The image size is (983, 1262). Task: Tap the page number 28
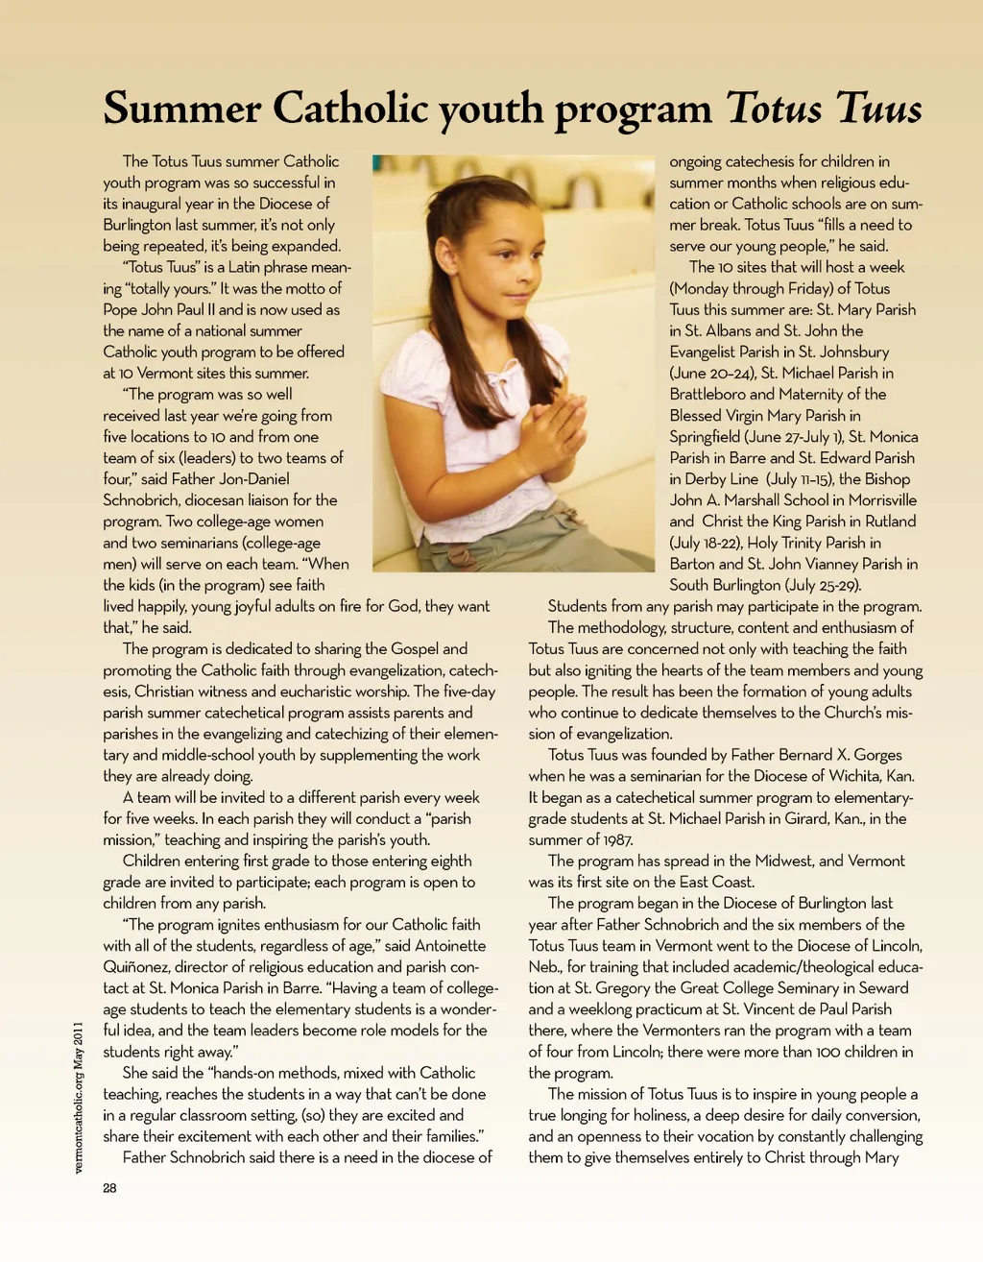click(x=109, y=1188)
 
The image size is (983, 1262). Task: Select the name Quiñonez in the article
click(x=135, y=967)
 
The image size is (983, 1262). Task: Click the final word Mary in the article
click(x=880, y=1157)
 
